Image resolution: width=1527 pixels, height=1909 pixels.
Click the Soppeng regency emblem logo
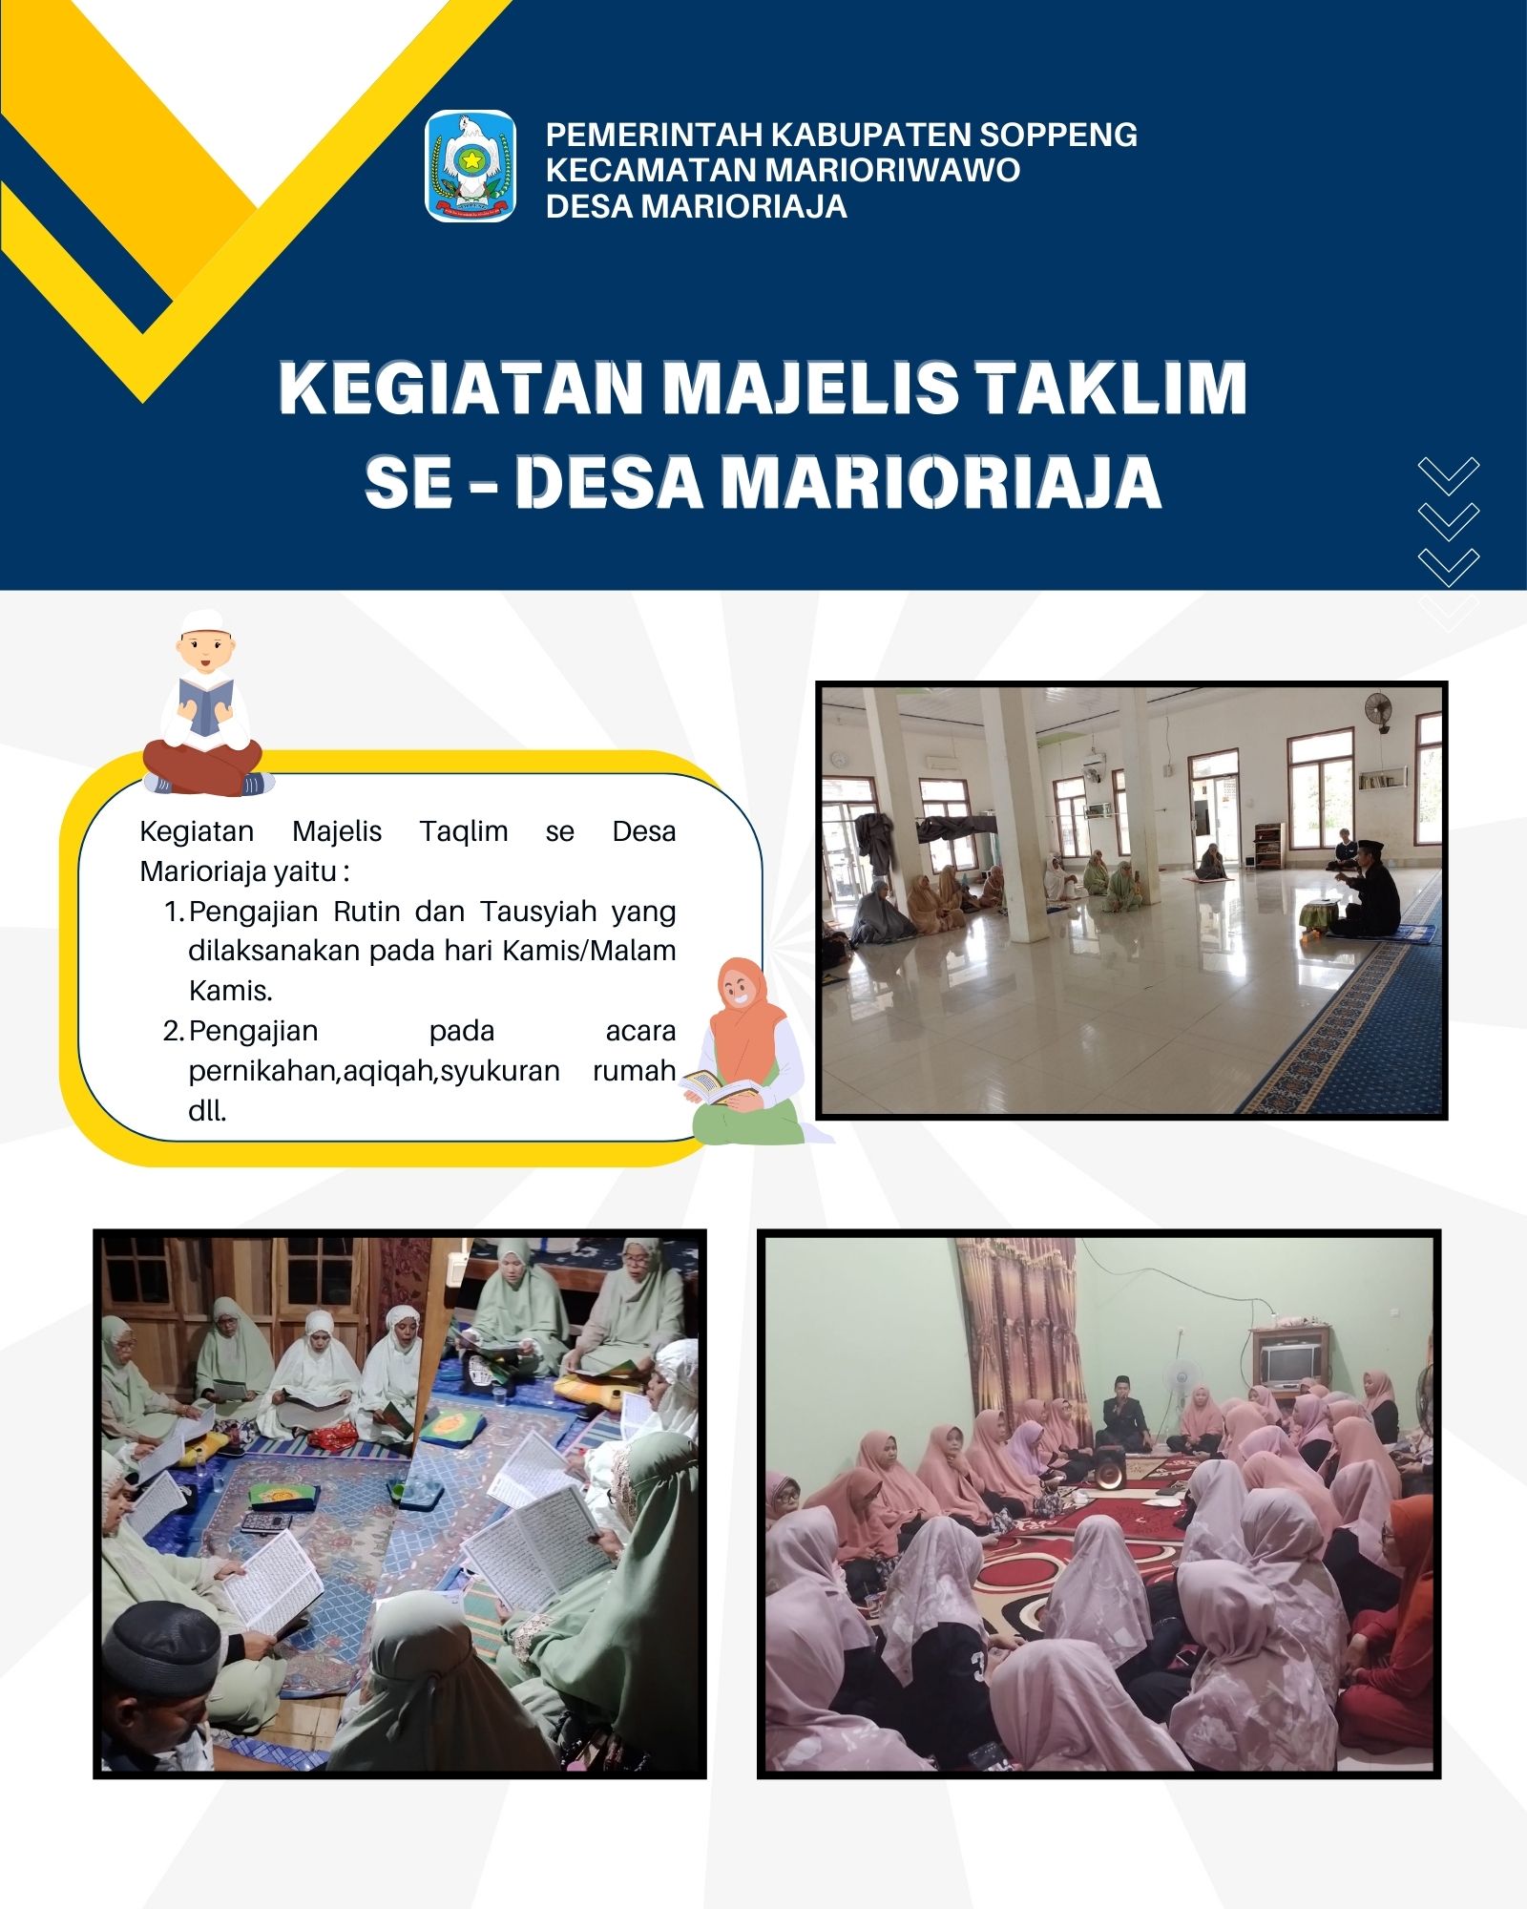470,166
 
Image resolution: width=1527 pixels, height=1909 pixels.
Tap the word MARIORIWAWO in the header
893,170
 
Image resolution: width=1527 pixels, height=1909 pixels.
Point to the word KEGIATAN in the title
461,388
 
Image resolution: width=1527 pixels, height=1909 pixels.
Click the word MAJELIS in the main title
811,388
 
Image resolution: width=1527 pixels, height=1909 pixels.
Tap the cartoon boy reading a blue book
205,704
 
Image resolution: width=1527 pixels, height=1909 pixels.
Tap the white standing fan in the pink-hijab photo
1181,1384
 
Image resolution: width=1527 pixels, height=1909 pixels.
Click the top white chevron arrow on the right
1448,475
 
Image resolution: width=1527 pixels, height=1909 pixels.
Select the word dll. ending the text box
207,1111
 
